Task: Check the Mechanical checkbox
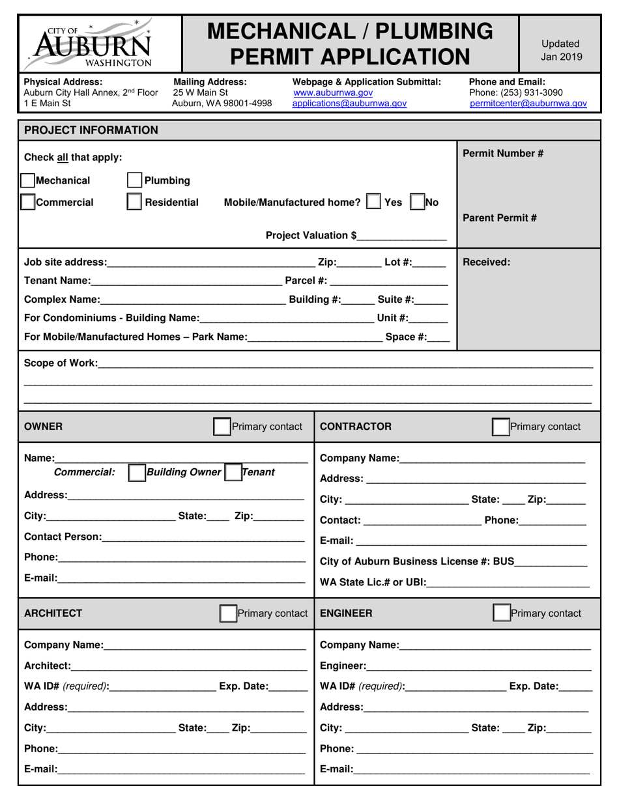[x=27, y=180]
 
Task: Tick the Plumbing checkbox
[x=134, y=180]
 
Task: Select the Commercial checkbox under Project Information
[x=27, y=202]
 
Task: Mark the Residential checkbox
[x=134, y=202]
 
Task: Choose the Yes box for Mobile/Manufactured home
[x=374, y=202]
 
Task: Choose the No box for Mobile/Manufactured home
[x=417, y=202]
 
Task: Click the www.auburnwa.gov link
[x=333, y=92]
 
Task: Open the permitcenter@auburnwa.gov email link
[x=528, y=103]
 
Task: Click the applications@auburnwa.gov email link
[x=349, y=103]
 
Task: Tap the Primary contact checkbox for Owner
[x=222, y=427]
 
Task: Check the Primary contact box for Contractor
[x=500, y=427]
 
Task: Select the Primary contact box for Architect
[x=228, y=613]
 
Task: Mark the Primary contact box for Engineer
[x=501, y=613]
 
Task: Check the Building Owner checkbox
[x=137, y=472]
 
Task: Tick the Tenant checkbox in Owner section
[x=233, y=472]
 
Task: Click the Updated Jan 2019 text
[x=560, y=50]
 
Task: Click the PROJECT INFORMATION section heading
[x=91, y=130]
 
